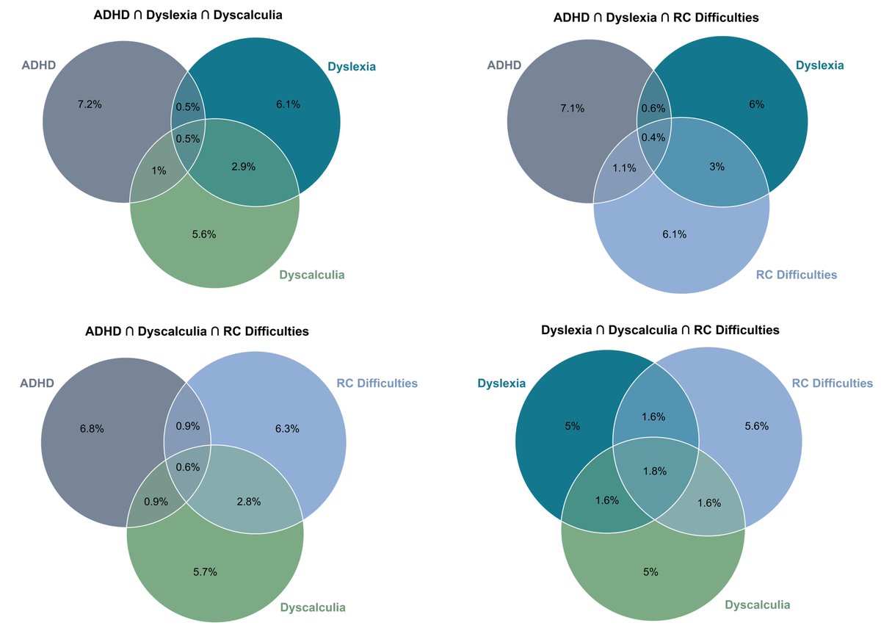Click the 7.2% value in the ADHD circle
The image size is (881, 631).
pos(90,104)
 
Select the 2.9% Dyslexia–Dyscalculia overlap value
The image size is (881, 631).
pos(243,167)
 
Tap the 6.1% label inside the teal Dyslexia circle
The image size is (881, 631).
pos(288,104)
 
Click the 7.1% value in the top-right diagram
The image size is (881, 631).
pos(572,108)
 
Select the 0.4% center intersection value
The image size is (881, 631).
pos(653,137)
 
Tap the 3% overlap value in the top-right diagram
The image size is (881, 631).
pos(717,167)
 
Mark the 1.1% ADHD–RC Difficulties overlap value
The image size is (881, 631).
pos(624,167)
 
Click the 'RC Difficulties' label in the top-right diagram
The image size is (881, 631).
pos(796,275)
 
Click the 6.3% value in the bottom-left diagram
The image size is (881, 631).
pos(286,428)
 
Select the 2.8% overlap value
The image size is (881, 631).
pos(248,502)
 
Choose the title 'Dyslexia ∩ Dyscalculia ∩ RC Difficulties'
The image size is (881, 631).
pos(660,330)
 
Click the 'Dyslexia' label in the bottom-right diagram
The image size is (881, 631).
pos(501,383)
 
